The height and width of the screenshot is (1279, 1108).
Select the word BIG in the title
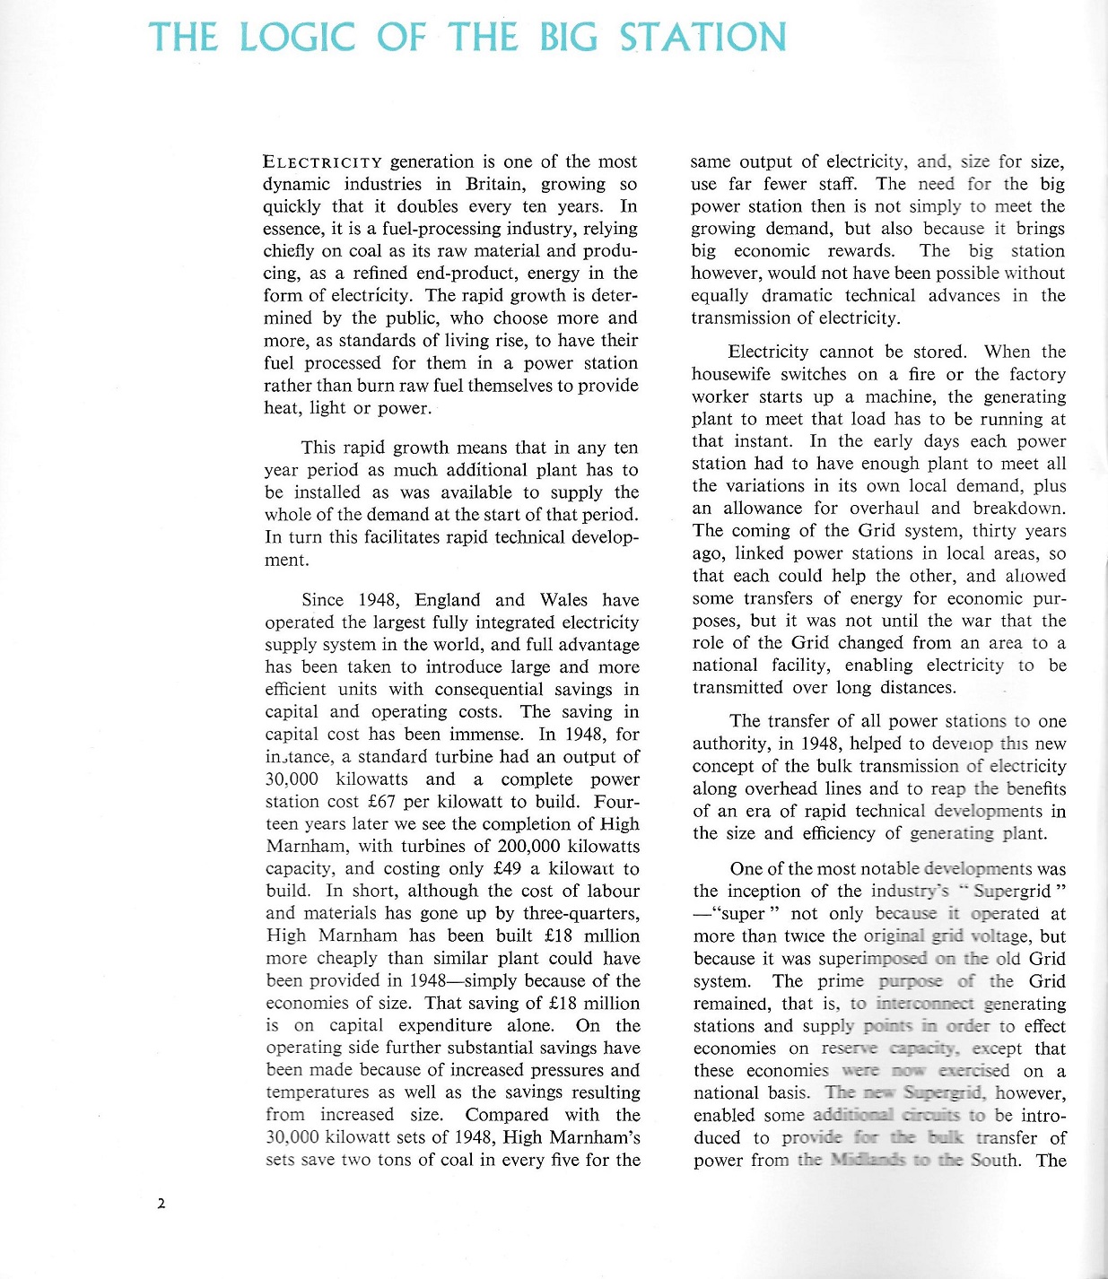click(x=569, y=38)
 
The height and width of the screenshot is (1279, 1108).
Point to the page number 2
click(x=161, y=1204)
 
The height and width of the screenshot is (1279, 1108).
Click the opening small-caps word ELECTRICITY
click(x=322, y=162)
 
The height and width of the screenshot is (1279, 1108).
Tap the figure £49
click(x=508, y=868)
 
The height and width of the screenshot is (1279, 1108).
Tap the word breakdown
click(x=1019, y=508)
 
